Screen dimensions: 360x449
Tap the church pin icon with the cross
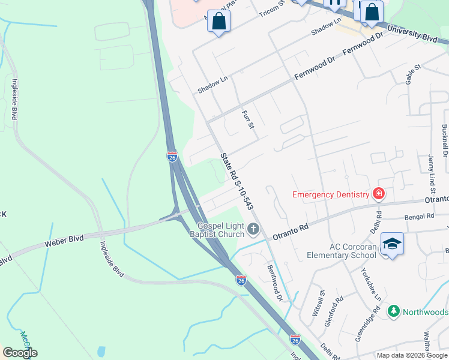click(254, 228)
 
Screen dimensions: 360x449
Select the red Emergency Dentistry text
click(330, 194)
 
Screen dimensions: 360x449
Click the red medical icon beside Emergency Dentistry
click(379, 193)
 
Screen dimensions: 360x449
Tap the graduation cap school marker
click(392, 244)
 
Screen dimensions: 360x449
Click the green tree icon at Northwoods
click(393, 311)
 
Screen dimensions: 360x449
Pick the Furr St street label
click(248, 119)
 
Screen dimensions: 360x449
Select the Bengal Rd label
click(419, 216)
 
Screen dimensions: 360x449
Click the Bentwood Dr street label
click(274, 282)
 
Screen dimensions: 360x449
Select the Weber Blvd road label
click(64, 242)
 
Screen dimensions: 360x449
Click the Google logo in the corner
click(20, 352)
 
